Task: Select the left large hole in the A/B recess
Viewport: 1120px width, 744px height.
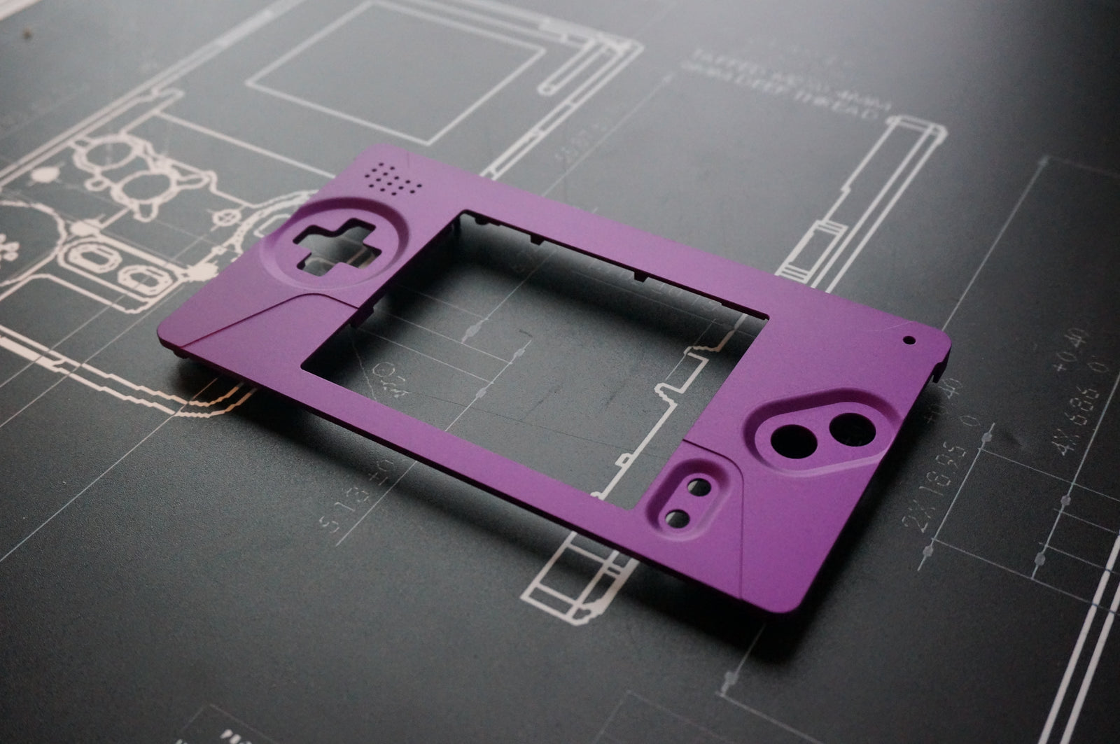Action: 792,441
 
